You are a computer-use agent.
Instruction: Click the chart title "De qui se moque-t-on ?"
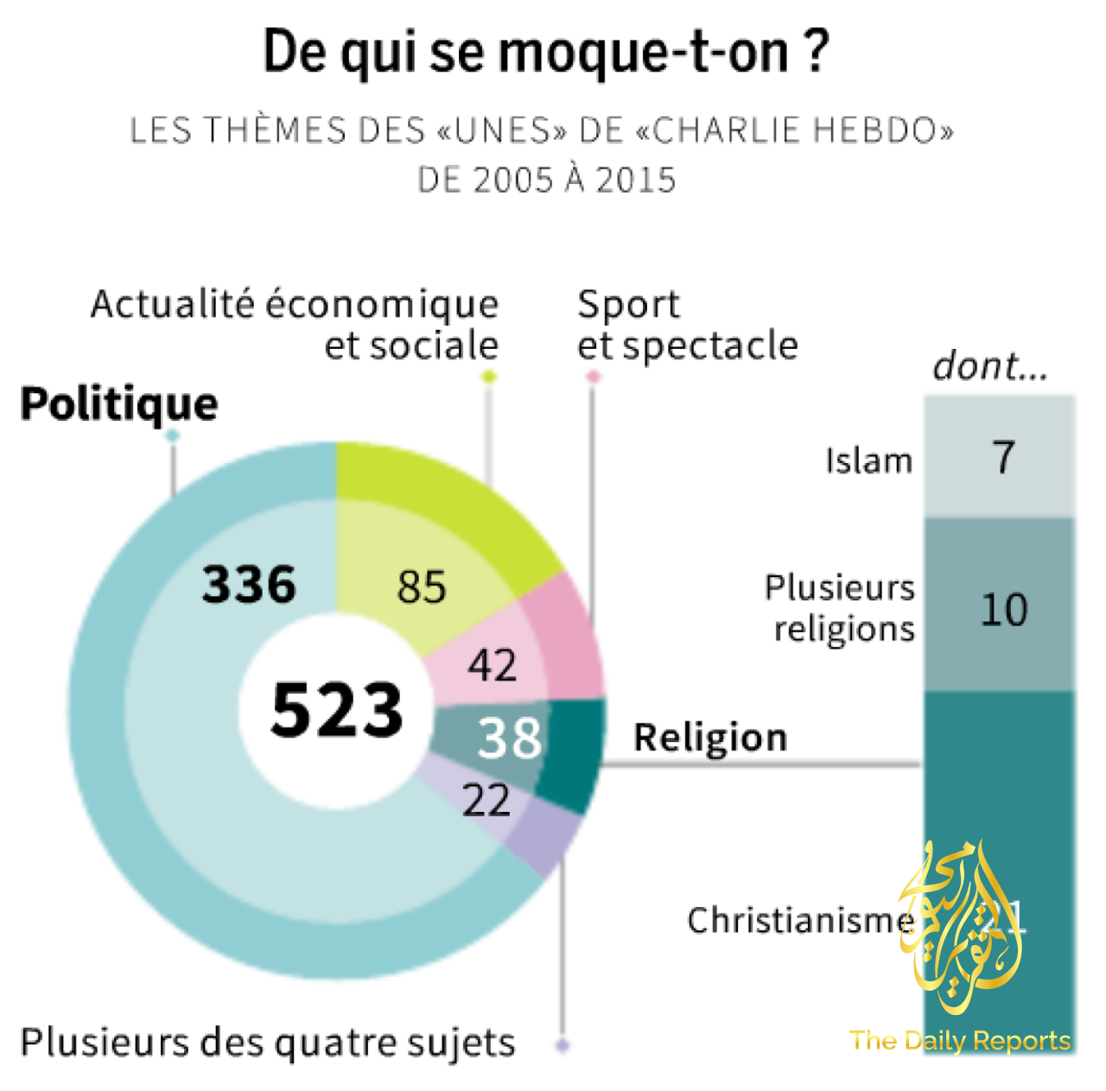point(546,52)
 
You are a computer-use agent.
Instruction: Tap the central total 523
point(337,709)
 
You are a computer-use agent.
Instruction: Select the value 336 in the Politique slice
point(249,584)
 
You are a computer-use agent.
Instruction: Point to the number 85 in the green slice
point(422,587)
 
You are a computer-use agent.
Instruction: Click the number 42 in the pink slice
point(493,665)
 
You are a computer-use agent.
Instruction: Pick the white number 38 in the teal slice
point(510,739)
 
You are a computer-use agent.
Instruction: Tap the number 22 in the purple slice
point(486,801)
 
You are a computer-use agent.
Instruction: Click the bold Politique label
point(119,404)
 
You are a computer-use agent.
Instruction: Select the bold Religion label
point(710,738)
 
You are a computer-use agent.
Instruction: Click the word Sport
point(628,305)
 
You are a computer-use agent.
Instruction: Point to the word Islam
point(868,461)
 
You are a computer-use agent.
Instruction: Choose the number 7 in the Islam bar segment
point(1003,457)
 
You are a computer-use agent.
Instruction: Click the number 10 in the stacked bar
point(1003,610)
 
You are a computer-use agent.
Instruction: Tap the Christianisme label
point(800,920)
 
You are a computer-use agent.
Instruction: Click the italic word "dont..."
point(990,366)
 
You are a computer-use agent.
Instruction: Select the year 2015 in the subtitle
point(635,180)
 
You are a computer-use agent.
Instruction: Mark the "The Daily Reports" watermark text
point(960,1041)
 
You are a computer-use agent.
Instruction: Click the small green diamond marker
point(489,377)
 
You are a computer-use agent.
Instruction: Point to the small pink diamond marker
point(593,377)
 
